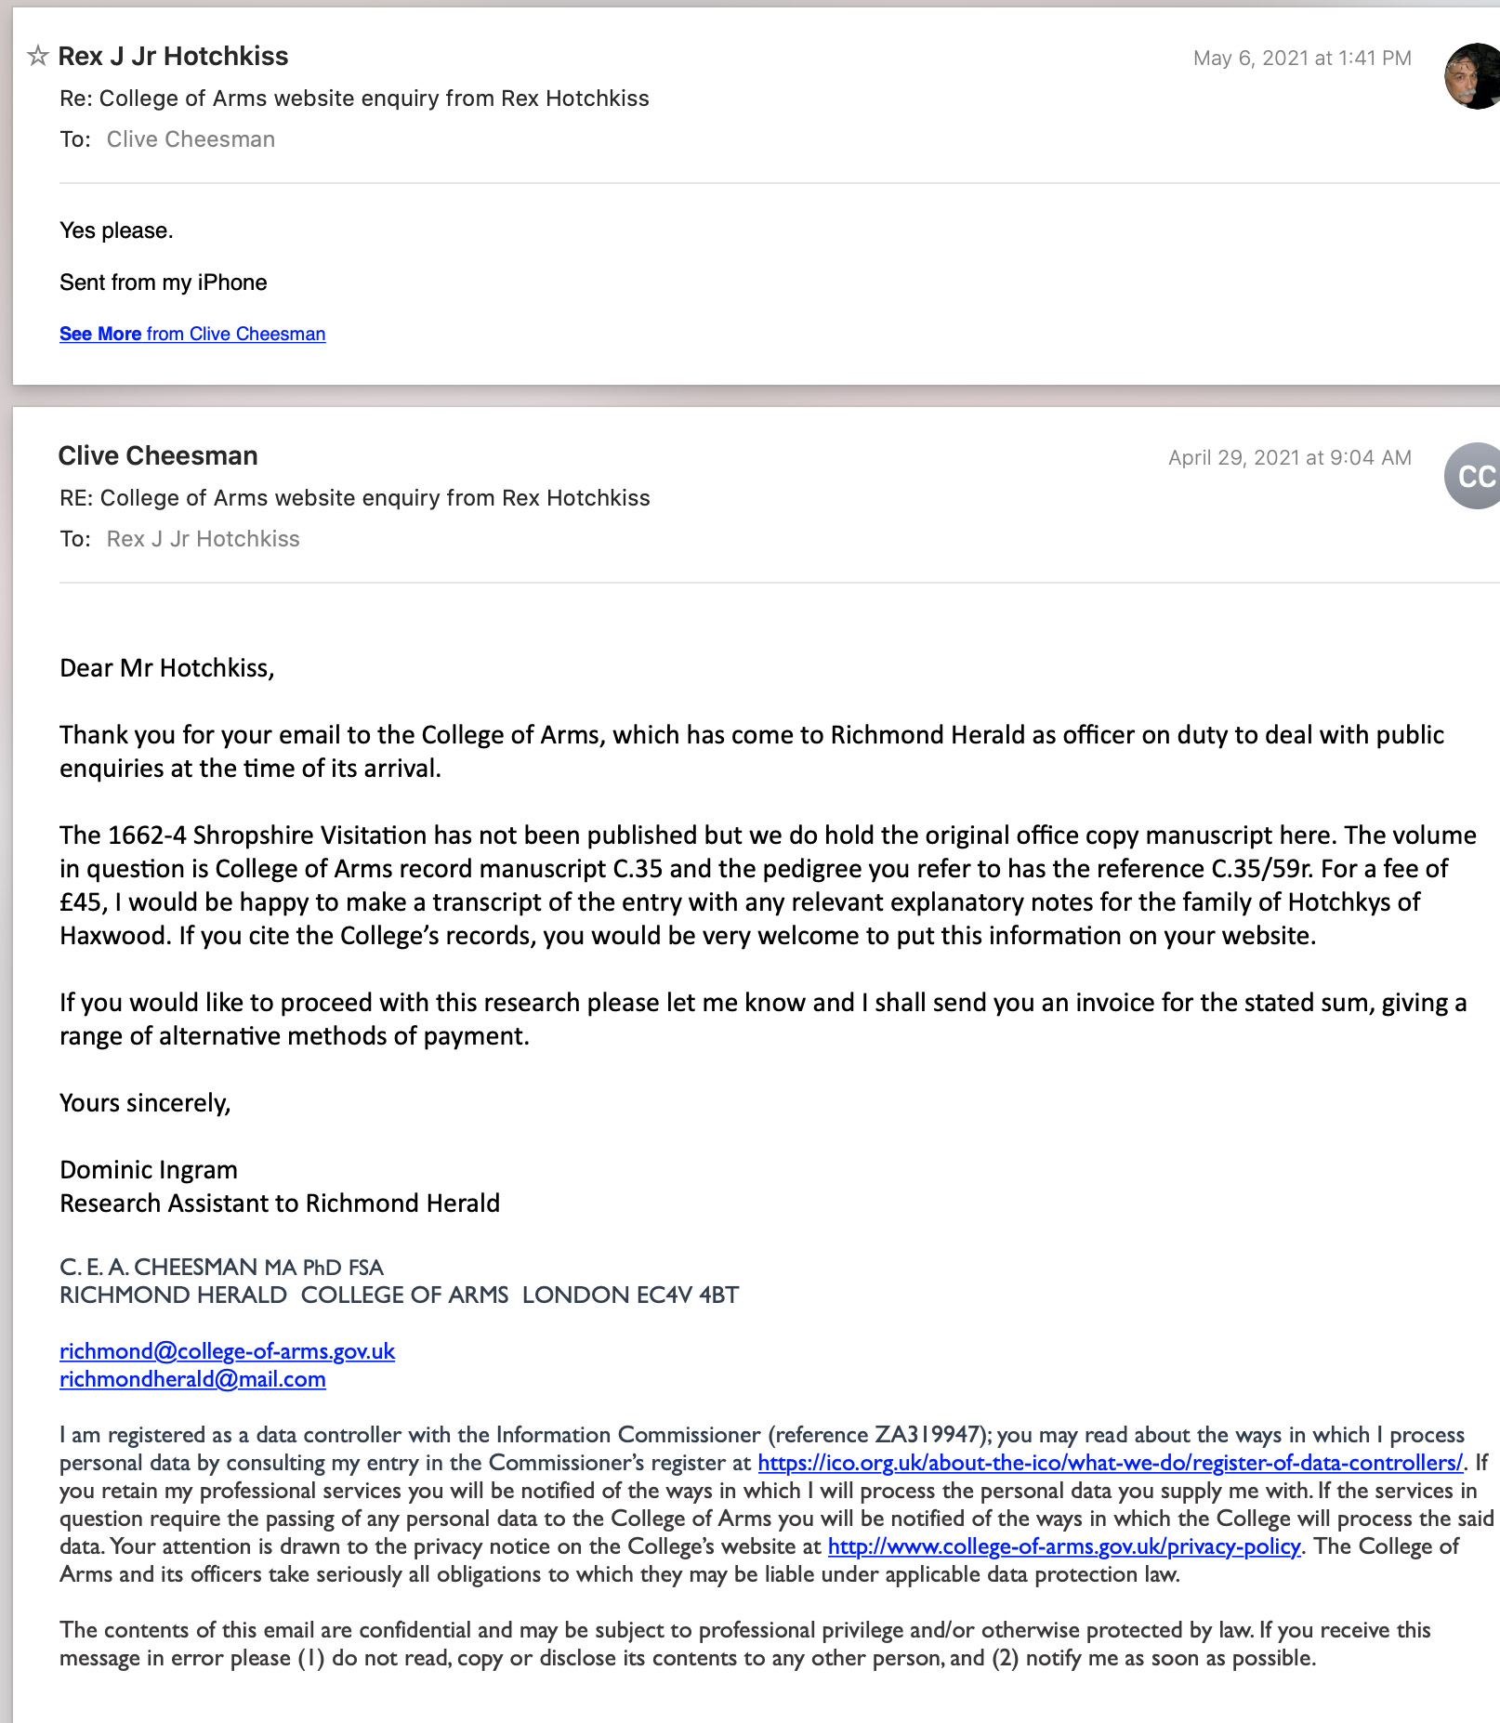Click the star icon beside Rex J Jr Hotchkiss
(x=37, y=56)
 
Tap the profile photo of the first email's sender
(x=1474, y=75)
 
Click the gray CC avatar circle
(x=1474, y=476)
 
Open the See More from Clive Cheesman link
(x=192, y=334)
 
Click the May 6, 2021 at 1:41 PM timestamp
(x=1301, y=58)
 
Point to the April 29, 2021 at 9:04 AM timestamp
(x=1289, y=457)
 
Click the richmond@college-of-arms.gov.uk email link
(x=227, y=1351)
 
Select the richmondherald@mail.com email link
(x=192, y=1379)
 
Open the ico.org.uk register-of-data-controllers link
(x=1110, y=1463)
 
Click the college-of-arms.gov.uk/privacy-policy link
(x=1063, y=1546)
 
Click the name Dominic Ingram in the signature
(x=149, y=1170)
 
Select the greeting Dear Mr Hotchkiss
(x=166, y=668)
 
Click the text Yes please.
(x=116, y=230)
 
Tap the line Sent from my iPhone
(x=163, y=283)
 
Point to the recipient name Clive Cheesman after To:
(x=191, y=139)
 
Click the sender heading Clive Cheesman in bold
(x=158, y=455)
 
